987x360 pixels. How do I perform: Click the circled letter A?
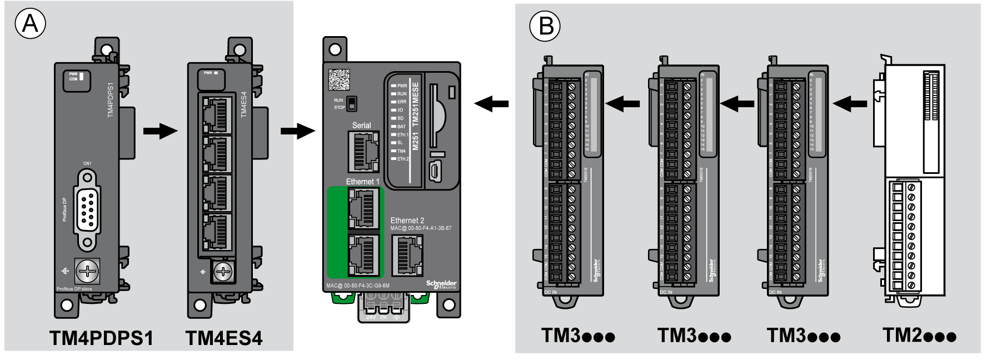(30, 24)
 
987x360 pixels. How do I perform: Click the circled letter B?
(545, 26)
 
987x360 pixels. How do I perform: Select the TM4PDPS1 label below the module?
(101, 338)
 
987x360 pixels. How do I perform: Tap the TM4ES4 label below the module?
(224, 338)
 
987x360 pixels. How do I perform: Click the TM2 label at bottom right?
(919, 336)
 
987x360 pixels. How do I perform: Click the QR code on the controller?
(338, 79)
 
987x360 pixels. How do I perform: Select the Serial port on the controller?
(363, 152)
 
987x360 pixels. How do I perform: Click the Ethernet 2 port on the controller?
(407, 255)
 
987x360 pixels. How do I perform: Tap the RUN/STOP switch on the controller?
(351, 104)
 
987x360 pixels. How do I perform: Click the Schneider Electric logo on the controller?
(441, 284)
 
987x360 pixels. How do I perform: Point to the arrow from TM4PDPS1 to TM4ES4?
(160, 131)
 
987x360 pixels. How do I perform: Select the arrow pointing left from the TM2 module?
(850, 103)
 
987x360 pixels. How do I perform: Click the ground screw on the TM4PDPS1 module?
(87, 271)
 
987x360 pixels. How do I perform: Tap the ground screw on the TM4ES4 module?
(223, 272)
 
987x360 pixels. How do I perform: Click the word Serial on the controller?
(361, 126)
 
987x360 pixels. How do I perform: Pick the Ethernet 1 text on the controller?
(362, 182)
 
